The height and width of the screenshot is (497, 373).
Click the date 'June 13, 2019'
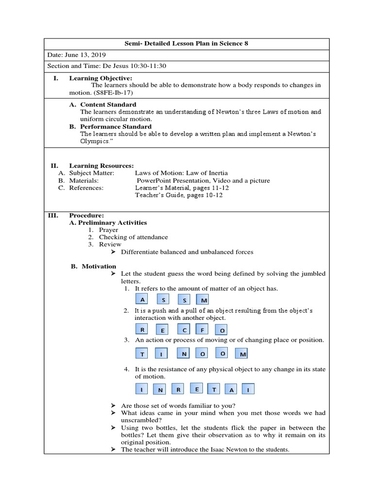point(89,55)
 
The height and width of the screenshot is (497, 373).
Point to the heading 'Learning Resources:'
point(101,166)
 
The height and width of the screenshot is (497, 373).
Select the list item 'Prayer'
point(108,230)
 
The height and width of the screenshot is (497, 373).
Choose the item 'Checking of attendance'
point(133,237)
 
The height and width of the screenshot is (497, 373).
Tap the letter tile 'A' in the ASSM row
point(142,300)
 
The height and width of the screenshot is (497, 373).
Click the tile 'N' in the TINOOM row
point(184,353)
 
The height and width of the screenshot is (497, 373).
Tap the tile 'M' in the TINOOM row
point(241,354)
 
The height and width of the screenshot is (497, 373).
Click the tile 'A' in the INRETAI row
point(232,390)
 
